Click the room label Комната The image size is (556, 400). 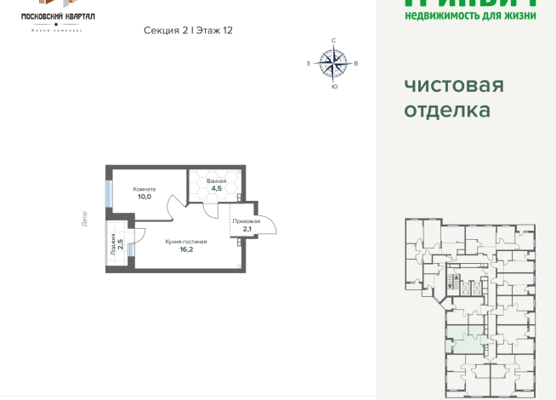pyautogui.click(x=144, y=188)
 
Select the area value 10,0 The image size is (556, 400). pyautogui.click(x=144, y=197)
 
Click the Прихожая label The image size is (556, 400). pyautogui.click(x=246, y=220)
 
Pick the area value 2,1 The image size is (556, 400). pyautogui.click(x=246, y=229)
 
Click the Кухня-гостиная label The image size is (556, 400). pyautogui.click(x=186, y=242)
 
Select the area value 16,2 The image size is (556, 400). pyautogui.click(x=186, y=250)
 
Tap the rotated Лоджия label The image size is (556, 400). pyautogui.click(x=113, y=244)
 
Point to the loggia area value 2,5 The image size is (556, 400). pyautogui.click(x=121, y=244)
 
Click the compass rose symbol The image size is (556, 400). pyautogui.click(x=333, y=61)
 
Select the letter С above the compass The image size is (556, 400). pyautogui.click(x=333, y=41)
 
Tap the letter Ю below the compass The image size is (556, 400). pyautogui.click(x=333, y=85)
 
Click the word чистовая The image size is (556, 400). pyautogui.click(x=454, y=86)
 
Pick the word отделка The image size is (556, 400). pyautogui.click(x=446, y=111)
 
